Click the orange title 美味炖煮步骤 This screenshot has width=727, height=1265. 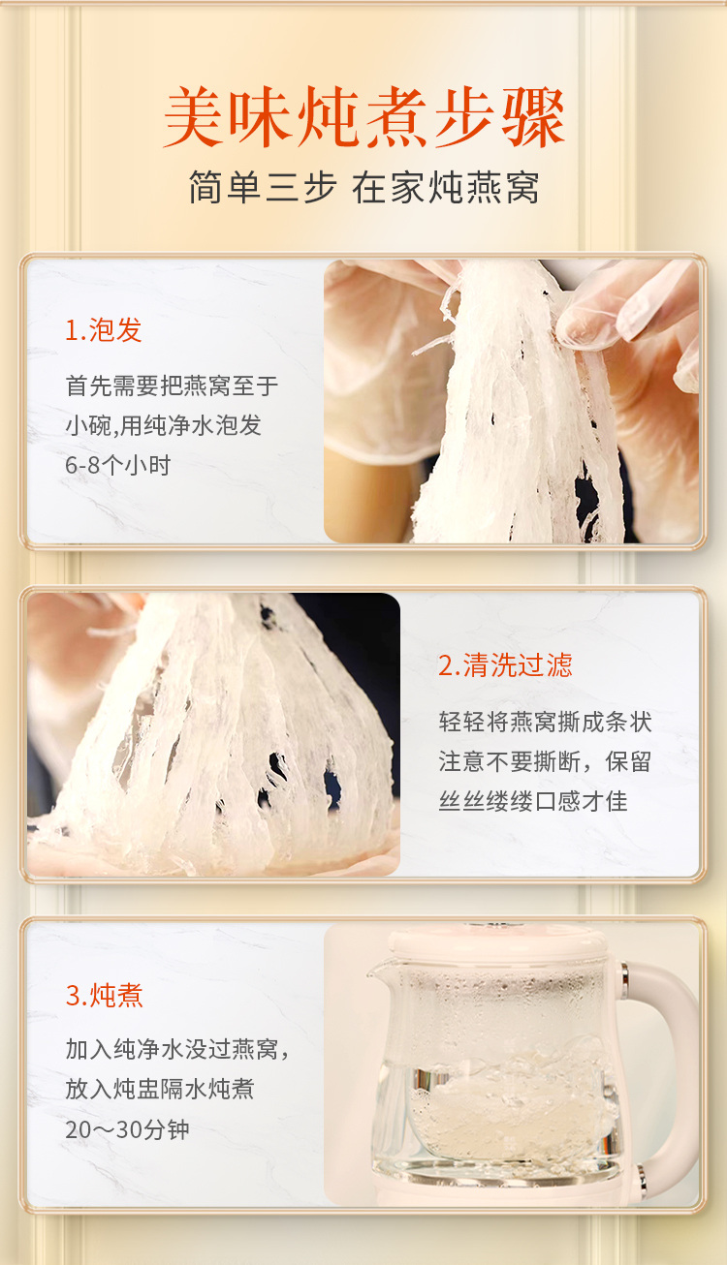tap(363, 118)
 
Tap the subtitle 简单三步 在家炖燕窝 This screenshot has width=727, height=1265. tap(363, 187)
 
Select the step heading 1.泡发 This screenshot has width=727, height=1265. tap(104, 329)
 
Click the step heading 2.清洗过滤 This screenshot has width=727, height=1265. tap(505, 664)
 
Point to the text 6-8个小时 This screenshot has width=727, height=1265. tap(117, 465)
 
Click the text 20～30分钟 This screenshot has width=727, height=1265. tap(127, 1129)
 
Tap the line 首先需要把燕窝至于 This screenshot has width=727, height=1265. tap(172, 386)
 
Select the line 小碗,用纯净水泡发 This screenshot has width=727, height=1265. tap(164, 425)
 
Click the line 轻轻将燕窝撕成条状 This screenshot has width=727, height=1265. tap(545, 722)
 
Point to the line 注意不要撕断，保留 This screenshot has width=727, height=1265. tap(545, 761)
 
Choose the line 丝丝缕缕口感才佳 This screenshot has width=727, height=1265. tap(533, 801)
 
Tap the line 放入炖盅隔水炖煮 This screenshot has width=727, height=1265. tap(160, 1089)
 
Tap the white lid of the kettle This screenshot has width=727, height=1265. tap(497, 942)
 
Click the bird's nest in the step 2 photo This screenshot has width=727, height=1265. tap(215, 734)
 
